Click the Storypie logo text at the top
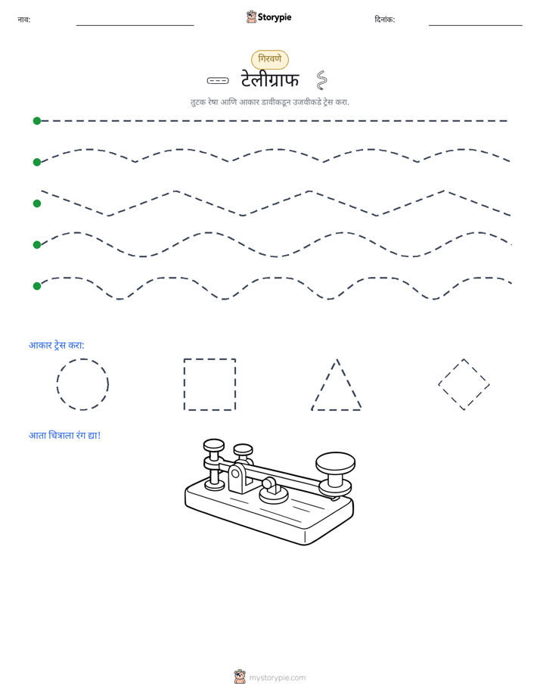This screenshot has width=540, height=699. pos(275,17)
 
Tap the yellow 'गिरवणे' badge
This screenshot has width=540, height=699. pos(270,59)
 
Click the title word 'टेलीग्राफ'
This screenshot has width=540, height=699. pos(270,79)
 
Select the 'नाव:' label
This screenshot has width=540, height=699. pos(24,20)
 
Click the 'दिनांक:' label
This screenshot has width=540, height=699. pos(384,20)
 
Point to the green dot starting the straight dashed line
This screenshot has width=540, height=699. pos(37,121)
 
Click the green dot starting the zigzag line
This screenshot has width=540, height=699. pos(37,203)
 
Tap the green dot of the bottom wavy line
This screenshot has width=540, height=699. pos(37,286)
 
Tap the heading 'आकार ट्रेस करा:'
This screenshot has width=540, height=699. pos(57,345)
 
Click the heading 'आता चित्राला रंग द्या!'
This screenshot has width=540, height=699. pos(64,435)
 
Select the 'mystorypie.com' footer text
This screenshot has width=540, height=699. pos(277,678)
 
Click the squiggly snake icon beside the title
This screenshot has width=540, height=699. pos(321,80)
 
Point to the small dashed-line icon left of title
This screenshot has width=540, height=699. pos(218,81)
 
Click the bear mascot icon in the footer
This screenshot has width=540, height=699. pos(240,677)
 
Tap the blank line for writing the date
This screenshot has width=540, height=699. pos(476,26)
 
